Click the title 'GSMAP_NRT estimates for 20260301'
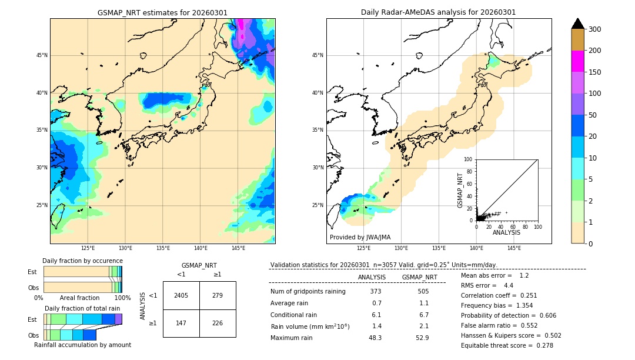point(162,12)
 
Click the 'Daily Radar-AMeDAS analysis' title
point(438,12)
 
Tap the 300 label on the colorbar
point(594,29)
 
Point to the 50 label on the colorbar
point(592,115)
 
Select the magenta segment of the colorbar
point(578,61)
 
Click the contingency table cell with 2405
point(181,295)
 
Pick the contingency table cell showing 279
point(218,295)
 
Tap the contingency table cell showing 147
point(181,324)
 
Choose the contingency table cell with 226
point(218,324)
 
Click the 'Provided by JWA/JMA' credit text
point(360,237)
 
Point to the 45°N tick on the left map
point(42,55)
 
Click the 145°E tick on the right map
point(514,248)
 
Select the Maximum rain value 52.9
point(422,338)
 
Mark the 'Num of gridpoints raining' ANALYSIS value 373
point(376,291)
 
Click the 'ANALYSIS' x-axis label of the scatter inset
point(506,232)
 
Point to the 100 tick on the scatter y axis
point(469,159)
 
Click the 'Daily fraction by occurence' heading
point(82,261)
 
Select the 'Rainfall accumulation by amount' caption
point(82,345)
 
